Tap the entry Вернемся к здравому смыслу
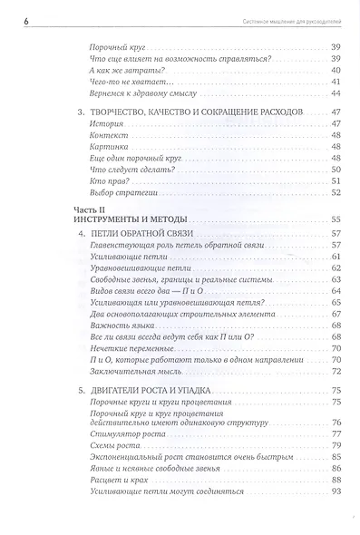tap(144, 92)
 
